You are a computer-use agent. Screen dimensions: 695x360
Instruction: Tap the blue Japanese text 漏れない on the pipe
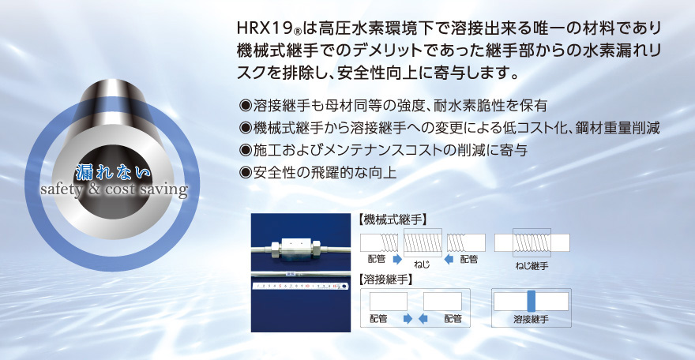[x=114, y=172]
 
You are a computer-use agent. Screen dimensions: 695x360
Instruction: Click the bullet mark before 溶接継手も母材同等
[x=245, y=105]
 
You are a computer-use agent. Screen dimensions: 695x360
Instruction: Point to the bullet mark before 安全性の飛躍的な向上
[x=245, y=172]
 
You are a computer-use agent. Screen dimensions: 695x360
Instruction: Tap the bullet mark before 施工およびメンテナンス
[x=245, y=150]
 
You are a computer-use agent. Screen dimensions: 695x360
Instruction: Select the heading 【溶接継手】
[x=385, y=279]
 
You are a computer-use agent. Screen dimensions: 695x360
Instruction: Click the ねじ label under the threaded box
[x=422, y=264]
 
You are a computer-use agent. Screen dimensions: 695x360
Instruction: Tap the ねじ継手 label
[x=532, y=266]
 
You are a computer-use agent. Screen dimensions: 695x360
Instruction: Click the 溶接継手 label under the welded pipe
[x=531, y=319]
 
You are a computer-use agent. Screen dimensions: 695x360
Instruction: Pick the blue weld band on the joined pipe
[x=531, y=302]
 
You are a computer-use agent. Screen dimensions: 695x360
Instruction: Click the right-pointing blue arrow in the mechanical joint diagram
[x=397, y=260]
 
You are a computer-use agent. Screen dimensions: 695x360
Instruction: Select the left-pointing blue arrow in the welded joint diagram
[x=423, y=318]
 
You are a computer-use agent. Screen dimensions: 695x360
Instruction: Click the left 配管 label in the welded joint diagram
[x=378, y=318]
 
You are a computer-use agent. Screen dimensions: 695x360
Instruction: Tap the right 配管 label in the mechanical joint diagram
[x=469, y=259]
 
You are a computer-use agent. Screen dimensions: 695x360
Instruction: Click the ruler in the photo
[x=299, y=286]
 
